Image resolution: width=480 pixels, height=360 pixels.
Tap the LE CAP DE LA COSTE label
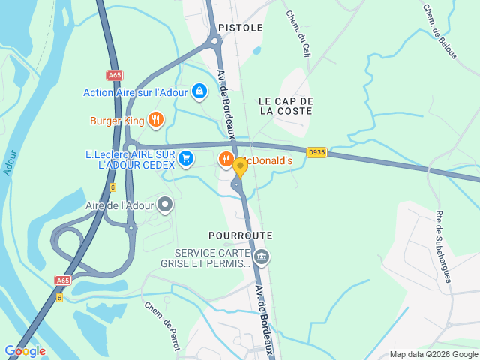[286, 106]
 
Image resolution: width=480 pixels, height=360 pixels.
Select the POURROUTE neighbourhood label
[241, 235]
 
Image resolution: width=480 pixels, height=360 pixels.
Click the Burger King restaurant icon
[156, 120]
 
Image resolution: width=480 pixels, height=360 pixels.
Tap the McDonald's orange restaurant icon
[226, 159]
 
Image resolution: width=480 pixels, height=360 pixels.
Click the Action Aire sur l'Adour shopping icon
[199, 92]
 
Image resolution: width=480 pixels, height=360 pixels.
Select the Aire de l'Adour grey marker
[165, 204]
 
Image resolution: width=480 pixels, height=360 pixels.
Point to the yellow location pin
[240, 167]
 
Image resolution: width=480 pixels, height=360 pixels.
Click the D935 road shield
[316, 152]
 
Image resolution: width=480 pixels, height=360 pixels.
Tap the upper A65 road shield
[114, 75]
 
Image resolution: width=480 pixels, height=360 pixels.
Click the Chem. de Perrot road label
[162, 321]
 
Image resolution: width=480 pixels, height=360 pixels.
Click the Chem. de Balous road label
[439, 26]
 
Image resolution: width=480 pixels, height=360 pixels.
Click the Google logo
[25, 351]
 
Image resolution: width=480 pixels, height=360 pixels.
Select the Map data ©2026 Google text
[434, 355]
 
